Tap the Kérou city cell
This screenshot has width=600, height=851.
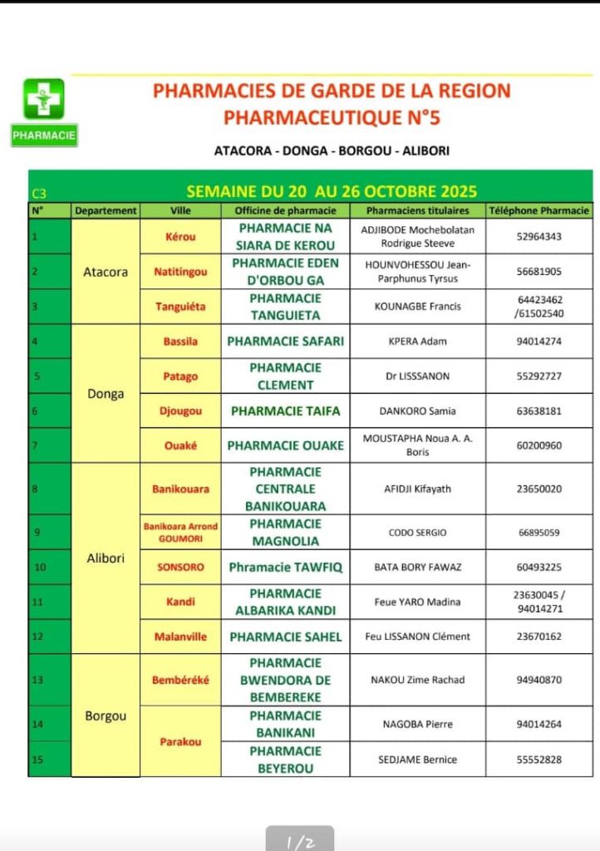click(180, 237)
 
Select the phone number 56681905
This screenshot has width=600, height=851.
click(539, 271)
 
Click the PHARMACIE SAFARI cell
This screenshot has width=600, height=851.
click(285, 341)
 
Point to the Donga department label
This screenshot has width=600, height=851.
click(106, 394)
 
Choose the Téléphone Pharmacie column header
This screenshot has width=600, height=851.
click(539, 211)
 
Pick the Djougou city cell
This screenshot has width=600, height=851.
click(180, 411)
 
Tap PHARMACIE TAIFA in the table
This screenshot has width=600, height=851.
click(285, 411)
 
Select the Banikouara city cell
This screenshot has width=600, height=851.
click(180, 489)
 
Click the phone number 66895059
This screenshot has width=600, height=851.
click(539, 532)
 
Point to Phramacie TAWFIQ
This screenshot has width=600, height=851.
click(285, 568)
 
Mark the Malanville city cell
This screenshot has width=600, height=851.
click(180, 637)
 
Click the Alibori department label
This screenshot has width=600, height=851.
click(106, 558)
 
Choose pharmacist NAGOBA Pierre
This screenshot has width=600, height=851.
click(418, 724)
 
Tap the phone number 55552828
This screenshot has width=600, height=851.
click(539, 759)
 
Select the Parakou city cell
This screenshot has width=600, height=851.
click(180, 741)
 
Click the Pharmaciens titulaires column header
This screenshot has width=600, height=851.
click(418, 211)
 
